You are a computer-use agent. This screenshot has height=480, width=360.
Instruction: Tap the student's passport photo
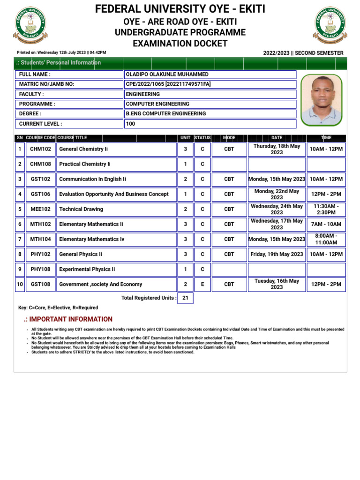(x=321, y=100)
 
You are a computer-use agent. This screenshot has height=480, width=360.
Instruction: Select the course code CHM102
(x=40, y=149)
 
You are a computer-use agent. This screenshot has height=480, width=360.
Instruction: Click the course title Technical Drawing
(x=81, y=209)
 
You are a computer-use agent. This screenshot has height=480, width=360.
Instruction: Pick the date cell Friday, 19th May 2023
(x=277, y=254)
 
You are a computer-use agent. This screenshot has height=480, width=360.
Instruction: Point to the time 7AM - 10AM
(x=326, y=224)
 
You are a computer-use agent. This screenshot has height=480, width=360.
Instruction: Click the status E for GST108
(x=202, y=284)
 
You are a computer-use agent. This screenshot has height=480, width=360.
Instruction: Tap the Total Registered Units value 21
(x=185, y=298)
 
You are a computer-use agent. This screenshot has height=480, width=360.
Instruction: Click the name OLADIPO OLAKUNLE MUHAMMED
(x=167, y=75)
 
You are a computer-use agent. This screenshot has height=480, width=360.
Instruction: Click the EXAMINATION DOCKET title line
(x=180, y=44)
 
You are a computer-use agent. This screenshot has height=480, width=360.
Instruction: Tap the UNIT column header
(x=185, y=138)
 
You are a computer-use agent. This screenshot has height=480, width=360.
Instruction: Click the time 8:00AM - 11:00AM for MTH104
(x=326, y=239)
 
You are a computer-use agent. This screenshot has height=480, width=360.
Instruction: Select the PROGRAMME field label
(x=37, y=104)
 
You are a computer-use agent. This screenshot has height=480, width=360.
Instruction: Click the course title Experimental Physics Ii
(x=87, y=269)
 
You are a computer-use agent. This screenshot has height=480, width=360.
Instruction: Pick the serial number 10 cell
(x=20, y=284)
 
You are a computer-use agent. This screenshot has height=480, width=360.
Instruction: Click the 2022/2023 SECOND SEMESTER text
(x=303, y=53)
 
